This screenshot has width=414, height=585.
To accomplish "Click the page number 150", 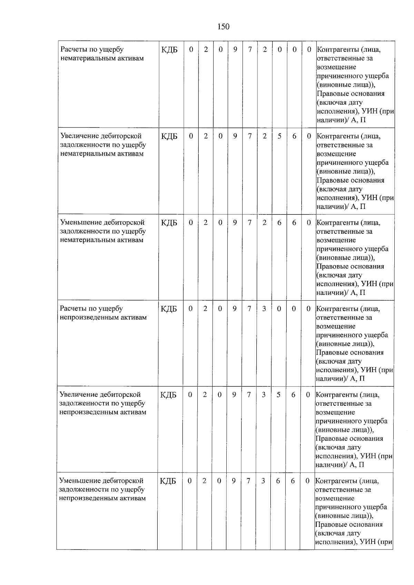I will pyautogui.click(x=223, y=27).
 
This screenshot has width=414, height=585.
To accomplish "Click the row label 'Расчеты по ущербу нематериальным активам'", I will pyautogui.click(x=102, y=54).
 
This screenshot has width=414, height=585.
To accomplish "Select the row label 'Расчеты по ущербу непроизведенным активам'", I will pyautogui.click(x=103, y=313).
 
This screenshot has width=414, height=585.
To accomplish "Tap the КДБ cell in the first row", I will pyautogui.click(x=169, y=50).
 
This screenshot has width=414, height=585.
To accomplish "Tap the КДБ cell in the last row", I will pyautogui.click(x=168, y=481).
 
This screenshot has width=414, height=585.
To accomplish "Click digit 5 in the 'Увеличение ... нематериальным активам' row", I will pyautogui.click(x=279, y=136).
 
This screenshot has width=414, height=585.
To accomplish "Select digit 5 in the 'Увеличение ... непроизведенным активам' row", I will pyautogui.click(x=278, y=395).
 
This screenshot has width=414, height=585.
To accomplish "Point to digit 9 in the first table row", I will pyautogui.click(x=235, y=50).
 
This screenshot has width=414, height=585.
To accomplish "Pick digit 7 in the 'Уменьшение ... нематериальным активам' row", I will pyautogui.click(x=249, y=223).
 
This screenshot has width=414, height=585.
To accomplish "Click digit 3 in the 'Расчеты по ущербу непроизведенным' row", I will pyautogui.click(x=264, y=309).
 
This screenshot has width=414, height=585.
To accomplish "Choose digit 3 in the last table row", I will pyautogui.click(x=263, y=481).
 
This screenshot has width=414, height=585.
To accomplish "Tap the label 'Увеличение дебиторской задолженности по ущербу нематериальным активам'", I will pyautogui.click(x=103, y=145).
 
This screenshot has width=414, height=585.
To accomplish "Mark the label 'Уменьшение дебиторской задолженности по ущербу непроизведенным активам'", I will pyautogui.click(x=102, y=489).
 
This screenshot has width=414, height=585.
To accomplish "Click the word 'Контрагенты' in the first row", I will pyautogui.click(x=334, y=50).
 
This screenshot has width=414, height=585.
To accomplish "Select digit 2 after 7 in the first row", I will pyautogui.click(x=265, y=50).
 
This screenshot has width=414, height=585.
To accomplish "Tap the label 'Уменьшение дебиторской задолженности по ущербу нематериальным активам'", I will pyautogui.click(x=102, y=231).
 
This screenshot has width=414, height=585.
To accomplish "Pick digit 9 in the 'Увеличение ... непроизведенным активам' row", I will pyautogui.click(x=234, y=395).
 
